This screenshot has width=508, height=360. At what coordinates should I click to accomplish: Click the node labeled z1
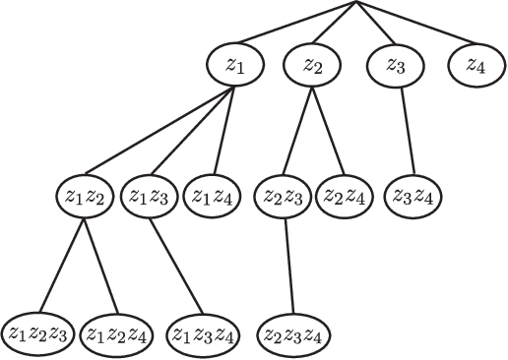pos(233,66)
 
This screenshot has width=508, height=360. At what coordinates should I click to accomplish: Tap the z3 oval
pos(396,66)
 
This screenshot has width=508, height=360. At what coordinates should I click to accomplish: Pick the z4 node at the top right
pos(476,66)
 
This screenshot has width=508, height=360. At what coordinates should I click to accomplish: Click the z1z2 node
pos(85,195)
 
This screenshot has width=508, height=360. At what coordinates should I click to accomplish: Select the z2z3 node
pos(284,195)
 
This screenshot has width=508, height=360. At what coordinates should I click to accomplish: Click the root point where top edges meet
pos(356,3)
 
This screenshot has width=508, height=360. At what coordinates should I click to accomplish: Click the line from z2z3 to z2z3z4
pos(286,263)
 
